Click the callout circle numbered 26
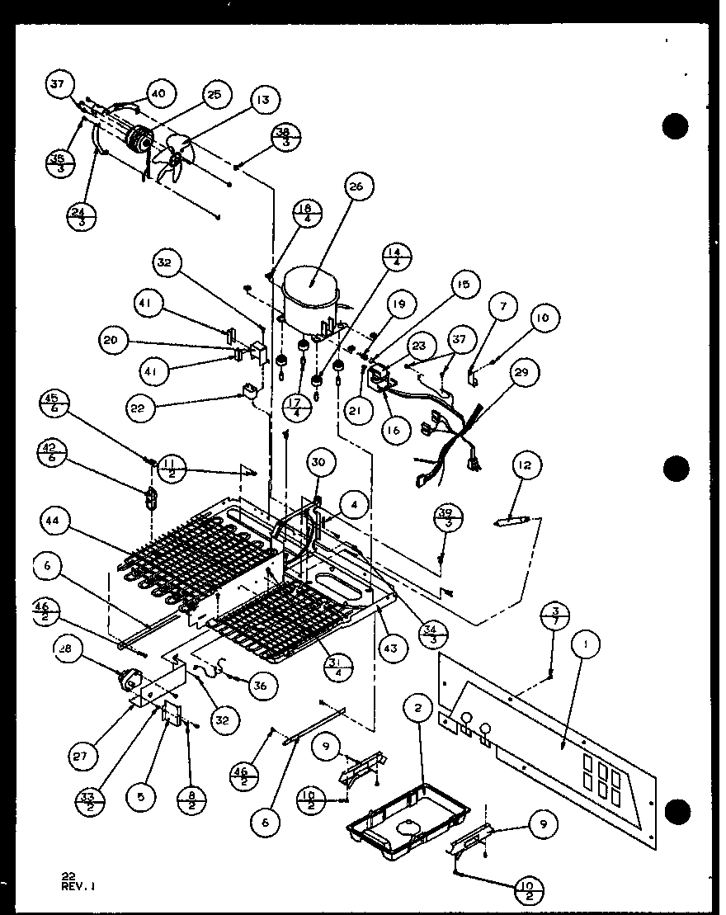[x=356, y=187]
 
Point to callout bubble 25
[x=214, y=96]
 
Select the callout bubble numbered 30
[x=320, y=464]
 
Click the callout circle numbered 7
[x=503, y=307]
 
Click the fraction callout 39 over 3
[x=450, y=519]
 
